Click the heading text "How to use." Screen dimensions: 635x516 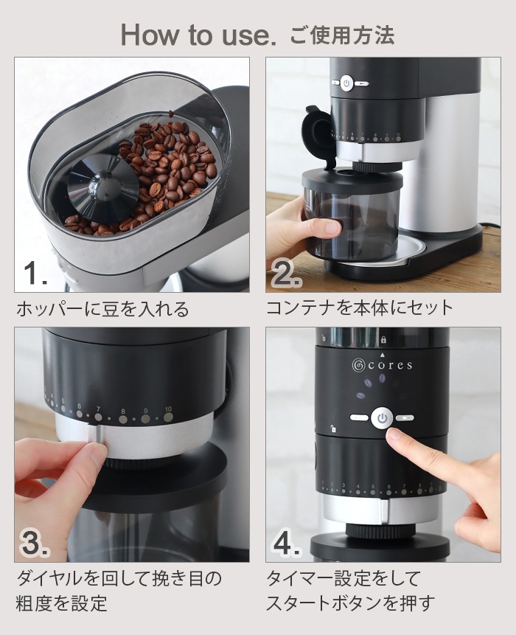[x=198, y=35]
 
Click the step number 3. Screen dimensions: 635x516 [x=35, y=543]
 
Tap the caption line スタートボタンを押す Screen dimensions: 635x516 [x=350, y=603]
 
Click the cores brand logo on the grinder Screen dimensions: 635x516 [x=382, y=364]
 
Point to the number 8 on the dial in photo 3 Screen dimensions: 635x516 [x=122, y=411]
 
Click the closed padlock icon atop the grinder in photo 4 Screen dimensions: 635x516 [x=383, y=340]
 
